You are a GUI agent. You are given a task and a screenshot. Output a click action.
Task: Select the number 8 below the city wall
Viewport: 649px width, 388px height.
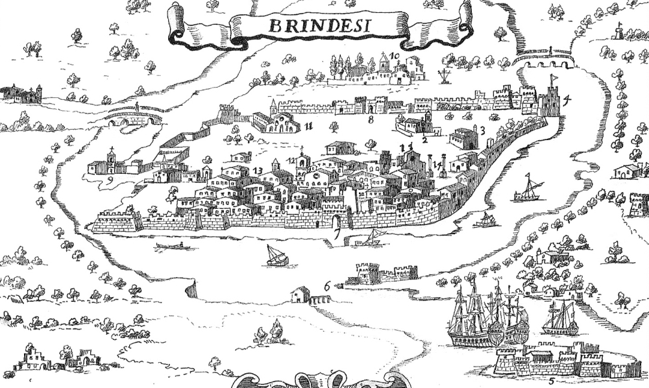(x=371, y=120)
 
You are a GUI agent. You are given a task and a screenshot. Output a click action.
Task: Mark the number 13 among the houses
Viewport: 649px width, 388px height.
(x=258, y=171)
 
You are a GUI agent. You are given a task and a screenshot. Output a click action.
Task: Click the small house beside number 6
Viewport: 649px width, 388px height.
(x=300, y=295)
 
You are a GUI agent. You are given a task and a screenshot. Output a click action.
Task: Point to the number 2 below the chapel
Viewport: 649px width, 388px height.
(x=424, y=139)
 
